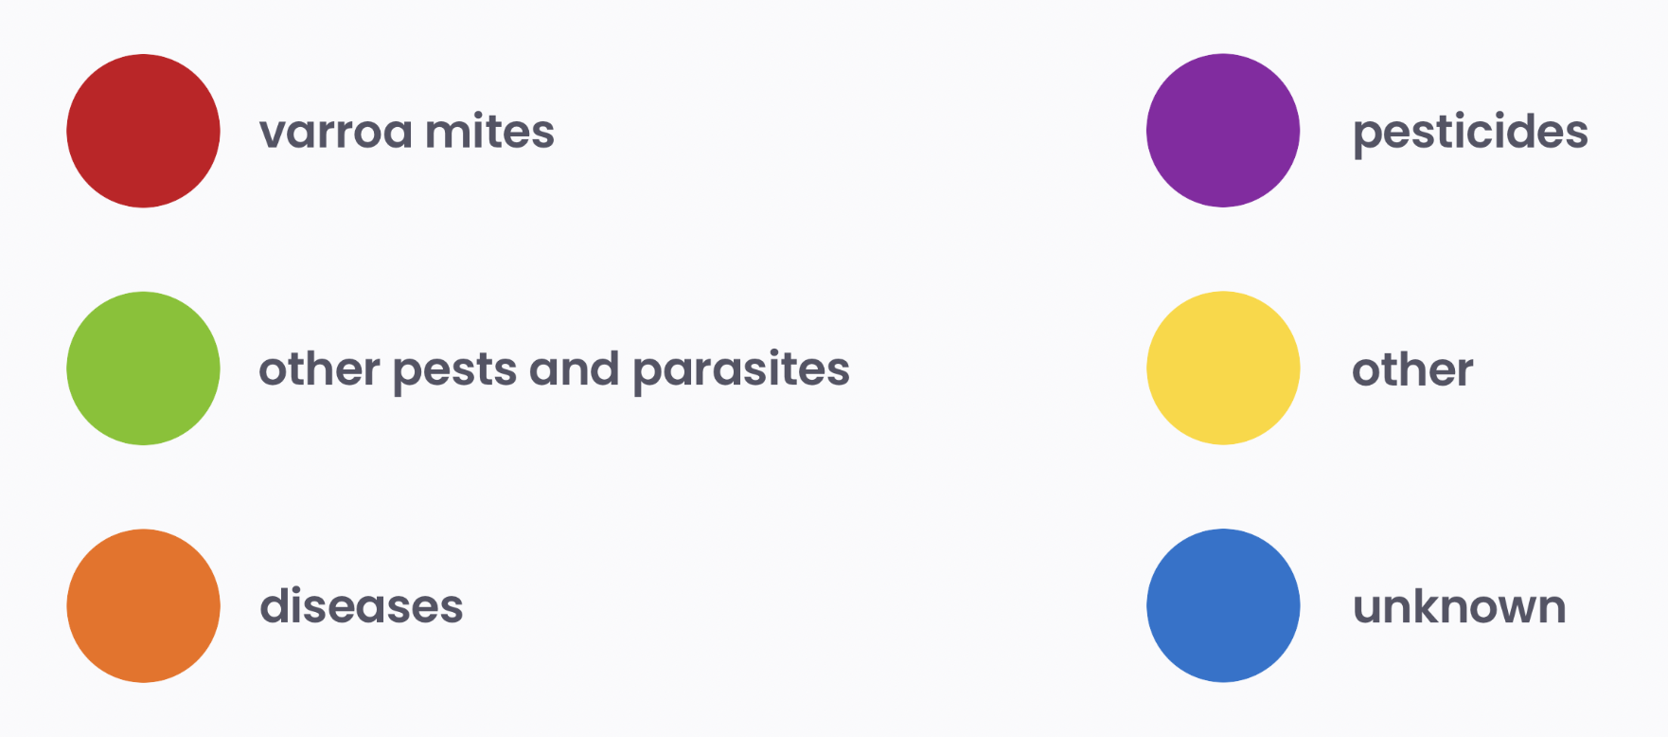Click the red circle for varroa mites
point(143,131)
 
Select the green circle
point(143,368)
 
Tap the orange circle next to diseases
point(143,605)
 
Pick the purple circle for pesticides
point(1223,131)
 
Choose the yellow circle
point(1223,368)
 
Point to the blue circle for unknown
point(1223,605)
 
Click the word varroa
point(336,134)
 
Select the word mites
point(490,131)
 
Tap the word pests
point(454,373)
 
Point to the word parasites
point(741,371)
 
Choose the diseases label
point(362,606)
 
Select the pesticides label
point(1470,134)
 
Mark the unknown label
point(1460,606)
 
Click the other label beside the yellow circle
point(1412,368)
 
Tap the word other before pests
point(319,368)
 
